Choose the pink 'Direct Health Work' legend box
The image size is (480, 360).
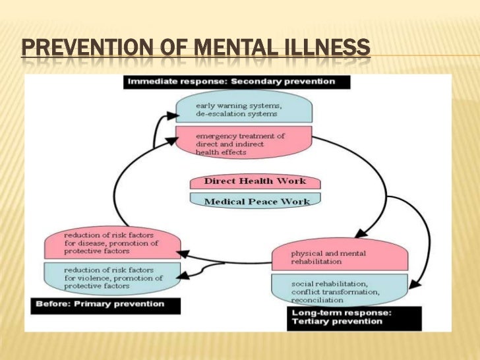point(255,181)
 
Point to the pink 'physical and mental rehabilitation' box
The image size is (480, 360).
point(338,256)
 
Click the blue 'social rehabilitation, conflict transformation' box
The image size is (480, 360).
point(338,291)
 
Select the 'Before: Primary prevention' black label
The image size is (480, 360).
point(97,305)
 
